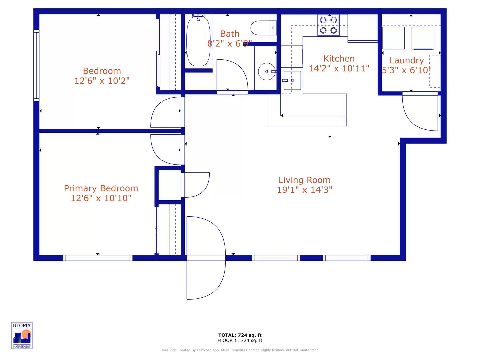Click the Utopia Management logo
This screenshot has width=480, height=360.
pos(22,335)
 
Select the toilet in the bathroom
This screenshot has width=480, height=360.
pos(263,28)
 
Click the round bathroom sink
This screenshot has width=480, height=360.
pos(267,71)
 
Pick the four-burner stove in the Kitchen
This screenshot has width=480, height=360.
pos(328,25)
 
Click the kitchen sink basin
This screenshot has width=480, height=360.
pos(292,80)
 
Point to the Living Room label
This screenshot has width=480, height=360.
pos(304,180)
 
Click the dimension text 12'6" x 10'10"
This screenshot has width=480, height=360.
pos(101,198)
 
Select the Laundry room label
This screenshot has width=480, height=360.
pos(407,60)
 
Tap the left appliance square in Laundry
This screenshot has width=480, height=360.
pos(393,38)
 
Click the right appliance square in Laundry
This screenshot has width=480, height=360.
pos(423,38)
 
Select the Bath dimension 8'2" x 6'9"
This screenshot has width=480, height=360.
pos(229,43)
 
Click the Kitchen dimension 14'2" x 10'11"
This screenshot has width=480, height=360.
pos(339,68)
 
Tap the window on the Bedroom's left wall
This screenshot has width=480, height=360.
pos(36,65)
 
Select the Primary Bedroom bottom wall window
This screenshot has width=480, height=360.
pos(98,258)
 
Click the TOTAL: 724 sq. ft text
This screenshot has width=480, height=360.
pos(240,335)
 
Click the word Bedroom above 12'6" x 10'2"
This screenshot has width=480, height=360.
pos(102,71)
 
